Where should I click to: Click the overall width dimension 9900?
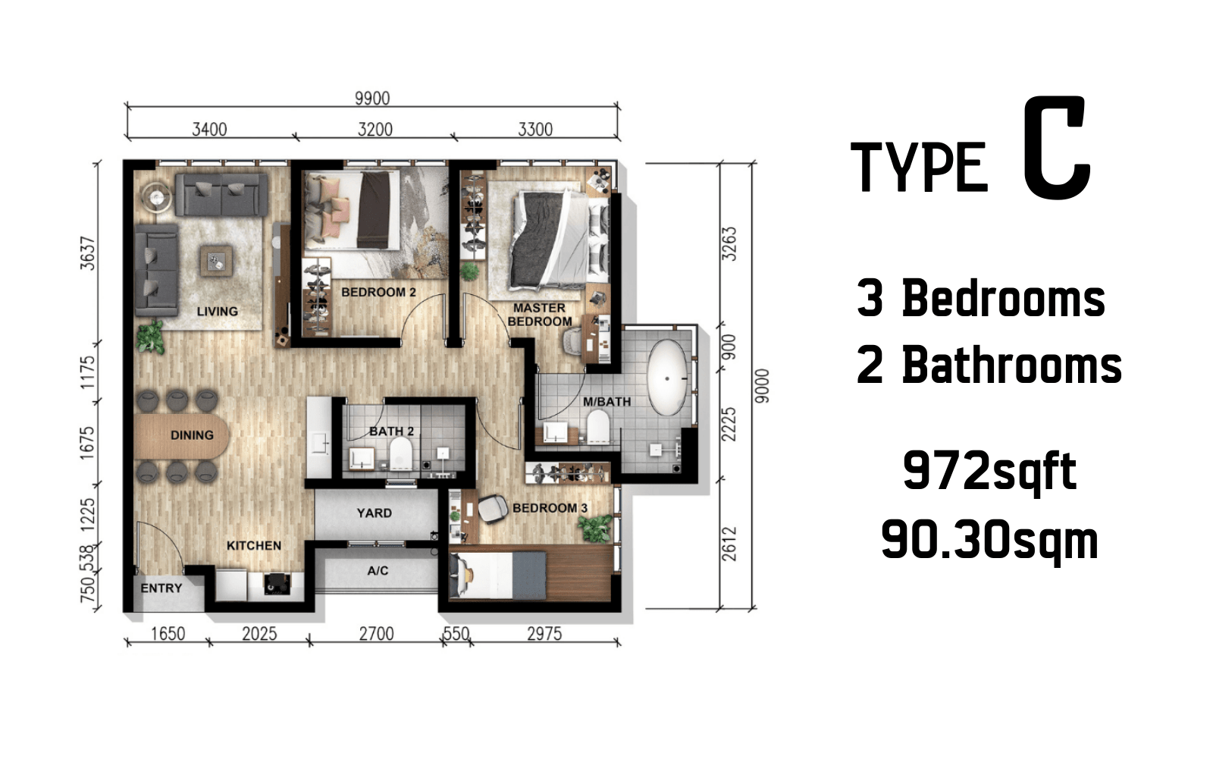(x=372, y=98)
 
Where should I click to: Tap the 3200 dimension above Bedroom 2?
(x=375, y=130)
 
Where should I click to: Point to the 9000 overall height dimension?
(x=762, y=386)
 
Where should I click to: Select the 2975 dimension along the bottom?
(x=544, y=633)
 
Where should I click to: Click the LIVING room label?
(x=217, y=312)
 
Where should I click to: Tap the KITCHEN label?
(x=253, y=545)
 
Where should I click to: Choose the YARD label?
(x=375, y=513)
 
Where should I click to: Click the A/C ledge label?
(x=378, y=570)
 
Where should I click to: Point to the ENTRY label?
(x=161, y=588)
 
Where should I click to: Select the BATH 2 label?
(x=391, y=431)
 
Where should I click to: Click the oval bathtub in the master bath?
(x=668, y=378)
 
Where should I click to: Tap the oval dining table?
(x=182, y=436)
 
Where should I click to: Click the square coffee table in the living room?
(x=217, y=262)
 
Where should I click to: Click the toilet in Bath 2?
(x=401, y=453)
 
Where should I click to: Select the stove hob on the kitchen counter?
(x=277, y=584)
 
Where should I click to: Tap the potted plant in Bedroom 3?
(x=595, y=528)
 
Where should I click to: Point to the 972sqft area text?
(x=989, y=472)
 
